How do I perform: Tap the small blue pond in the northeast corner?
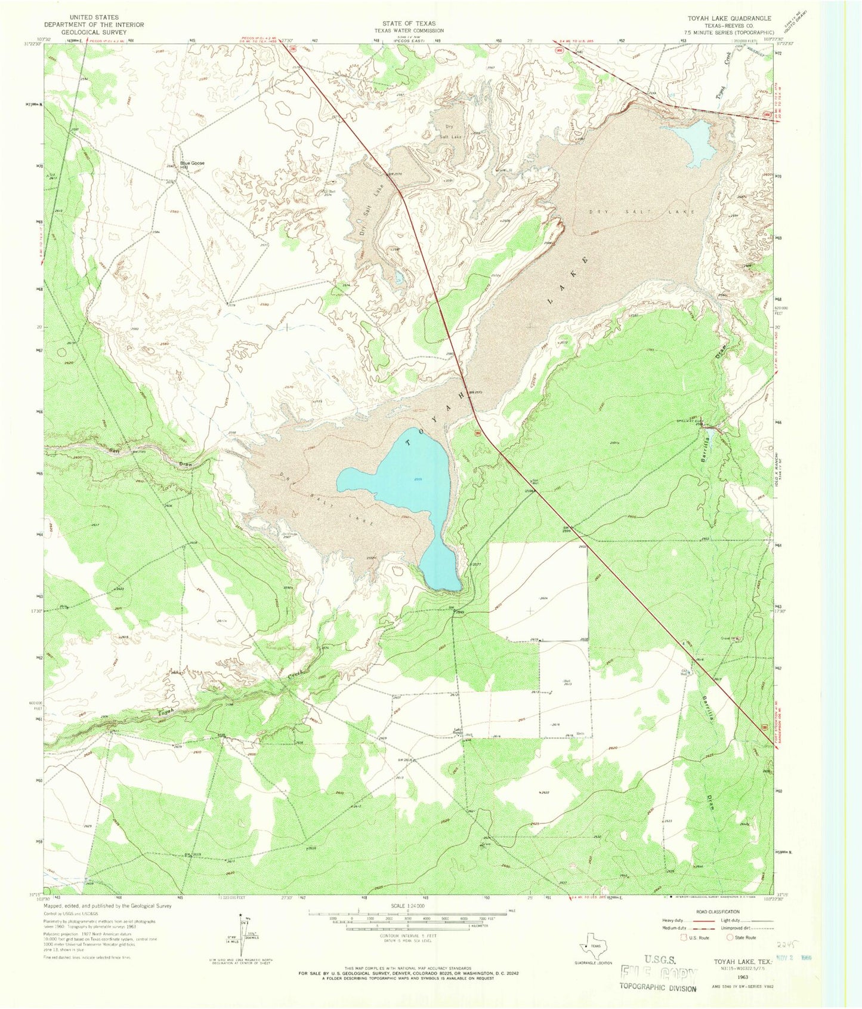[x=692, y=141]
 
